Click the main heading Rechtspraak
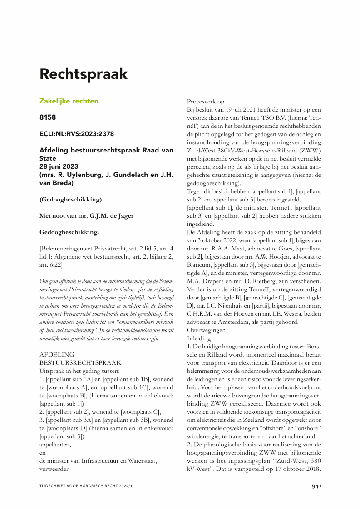coord(84,73)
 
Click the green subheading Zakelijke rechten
coord(69,101)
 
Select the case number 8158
coord(48,117)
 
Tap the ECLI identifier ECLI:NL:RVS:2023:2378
coord(77,134)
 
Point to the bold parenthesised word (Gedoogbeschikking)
coord(71,199)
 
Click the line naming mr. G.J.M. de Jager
coord(87,216)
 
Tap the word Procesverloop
coord(206,102)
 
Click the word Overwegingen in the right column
coord(207,330)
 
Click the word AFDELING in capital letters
coord(57,354)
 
